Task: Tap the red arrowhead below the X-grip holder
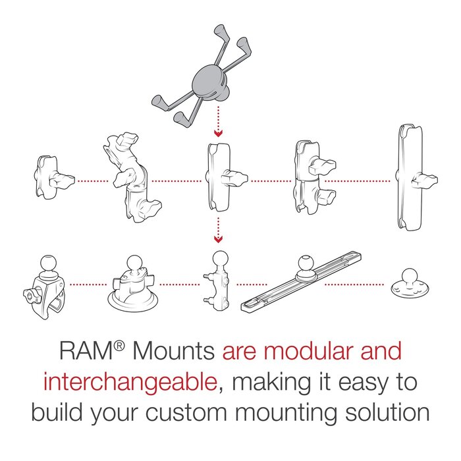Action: point(219,133)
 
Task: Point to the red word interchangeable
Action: point(129,382)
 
